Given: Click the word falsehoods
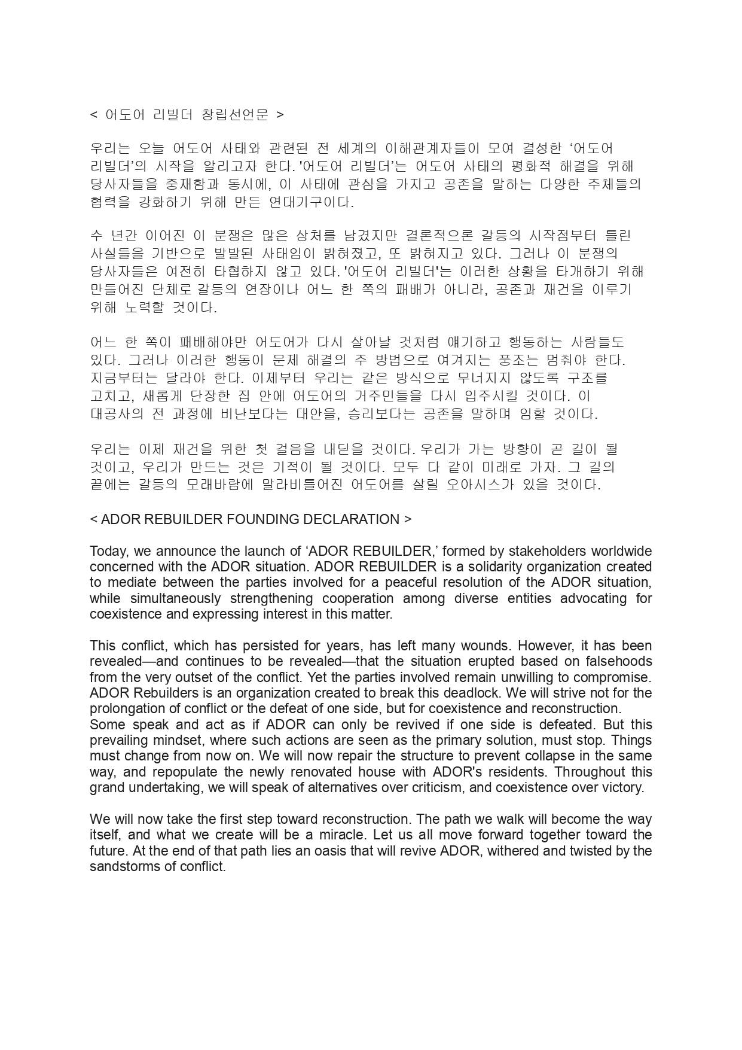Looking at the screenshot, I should point(620,661).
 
